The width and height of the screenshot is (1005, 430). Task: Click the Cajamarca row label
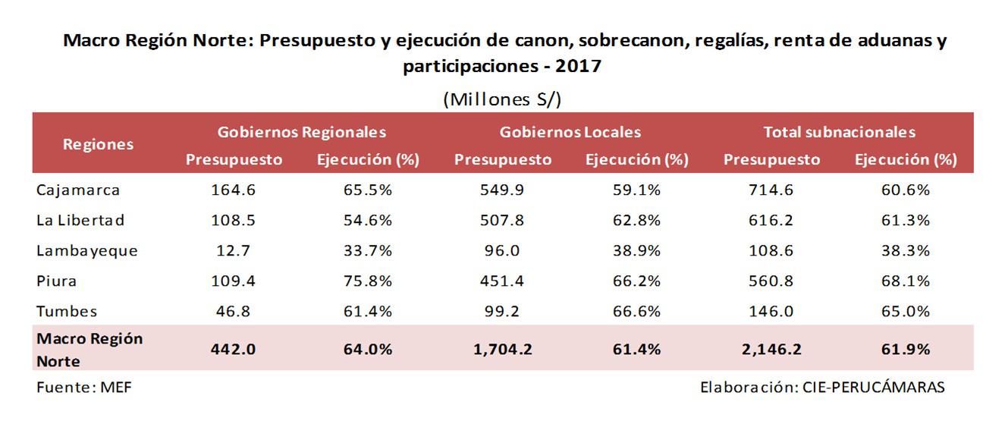point(78,190)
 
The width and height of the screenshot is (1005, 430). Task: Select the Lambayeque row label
point(86,251)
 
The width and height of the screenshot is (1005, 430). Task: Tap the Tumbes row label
point(67,311)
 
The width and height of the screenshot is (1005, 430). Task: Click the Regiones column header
point(98,144)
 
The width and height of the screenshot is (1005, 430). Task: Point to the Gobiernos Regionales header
point(302,132)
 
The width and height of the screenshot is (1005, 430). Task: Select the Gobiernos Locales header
point(570,132)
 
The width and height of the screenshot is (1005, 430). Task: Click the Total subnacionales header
point(839,132)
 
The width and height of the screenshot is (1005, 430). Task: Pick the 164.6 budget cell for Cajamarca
point(234,190)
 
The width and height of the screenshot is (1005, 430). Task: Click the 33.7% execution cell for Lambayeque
point(367,251)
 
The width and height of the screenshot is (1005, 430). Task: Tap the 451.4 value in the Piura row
point(503,281)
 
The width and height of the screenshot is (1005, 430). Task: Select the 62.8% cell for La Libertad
point(636,221)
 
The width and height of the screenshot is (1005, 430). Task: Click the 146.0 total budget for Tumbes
point(772,311)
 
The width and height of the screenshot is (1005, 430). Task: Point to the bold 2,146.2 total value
point(772,349)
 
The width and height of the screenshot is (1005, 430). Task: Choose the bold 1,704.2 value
point(503,349)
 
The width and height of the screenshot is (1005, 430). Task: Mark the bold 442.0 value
point(234,349)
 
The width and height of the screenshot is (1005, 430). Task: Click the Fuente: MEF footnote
point(74,387)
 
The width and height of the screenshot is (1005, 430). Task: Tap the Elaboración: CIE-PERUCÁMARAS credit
point(822,387)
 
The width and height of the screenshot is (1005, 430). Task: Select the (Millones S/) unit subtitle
point(502,99)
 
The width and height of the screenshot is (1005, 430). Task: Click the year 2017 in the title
point(578,66)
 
